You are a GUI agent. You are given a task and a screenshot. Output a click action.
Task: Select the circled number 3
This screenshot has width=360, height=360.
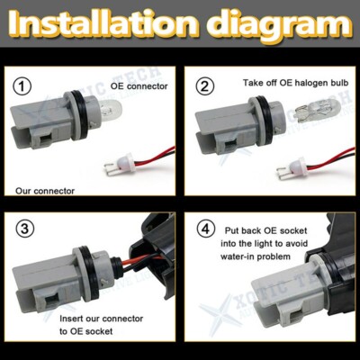pos(24,229)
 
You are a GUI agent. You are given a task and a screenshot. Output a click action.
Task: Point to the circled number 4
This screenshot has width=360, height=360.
pos(207,229)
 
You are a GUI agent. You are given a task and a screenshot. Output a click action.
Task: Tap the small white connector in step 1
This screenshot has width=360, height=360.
pos(116,164)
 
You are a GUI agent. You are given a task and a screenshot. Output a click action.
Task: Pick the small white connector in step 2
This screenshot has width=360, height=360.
pos(293,164)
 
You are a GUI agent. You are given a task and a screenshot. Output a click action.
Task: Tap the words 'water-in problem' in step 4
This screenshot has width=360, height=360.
pos(264,257)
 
